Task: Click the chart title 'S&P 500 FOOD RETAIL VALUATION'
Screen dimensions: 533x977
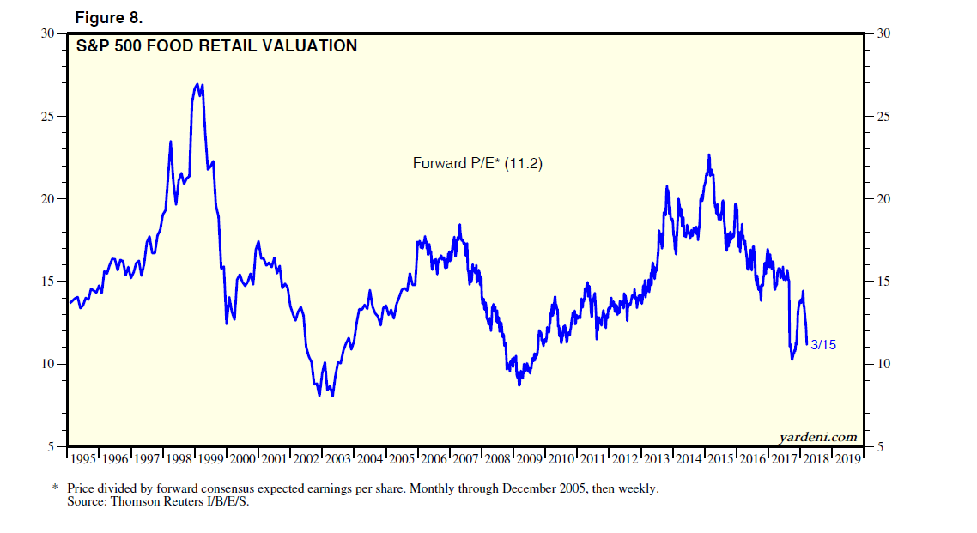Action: click(216, 46)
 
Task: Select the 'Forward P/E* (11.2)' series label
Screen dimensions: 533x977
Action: click(477, 162)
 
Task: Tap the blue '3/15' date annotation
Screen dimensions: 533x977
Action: click(823, 345)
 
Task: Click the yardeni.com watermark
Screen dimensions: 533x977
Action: click(818, 437)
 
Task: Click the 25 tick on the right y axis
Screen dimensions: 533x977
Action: click(882, 117)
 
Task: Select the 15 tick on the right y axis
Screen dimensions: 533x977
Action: click(882, 282)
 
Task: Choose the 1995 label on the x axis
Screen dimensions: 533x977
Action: click(83, 459)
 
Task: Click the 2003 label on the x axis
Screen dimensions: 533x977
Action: click(337, 459)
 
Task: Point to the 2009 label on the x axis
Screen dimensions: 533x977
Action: click(529, 459)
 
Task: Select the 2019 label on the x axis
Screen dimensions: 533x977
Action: click(847, 459)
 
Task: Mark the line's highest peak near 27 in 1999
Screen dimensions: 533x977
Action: click(197, 84)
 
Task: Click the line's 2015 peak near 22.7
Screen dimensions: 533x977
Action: click(709, 155)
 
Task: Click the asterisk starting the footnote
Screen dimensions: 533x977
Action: click(55, 488)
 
